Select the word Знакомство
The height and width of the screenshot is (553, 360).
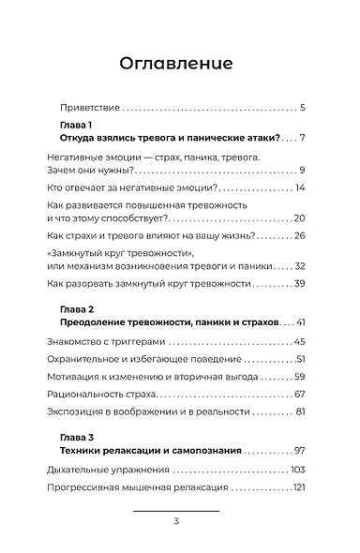pos(77,342)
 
